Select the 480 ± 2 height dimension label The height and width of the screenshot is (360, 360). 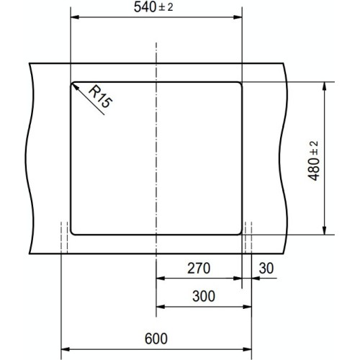tap(315, 160)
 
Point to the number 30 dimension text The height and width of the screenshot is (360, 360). tap(265, 269)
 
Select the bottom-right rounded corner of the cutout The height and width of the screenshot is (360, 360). tap(240, 232)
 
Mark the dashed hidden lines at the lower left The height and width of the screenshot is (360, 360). tap(64, 237)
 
